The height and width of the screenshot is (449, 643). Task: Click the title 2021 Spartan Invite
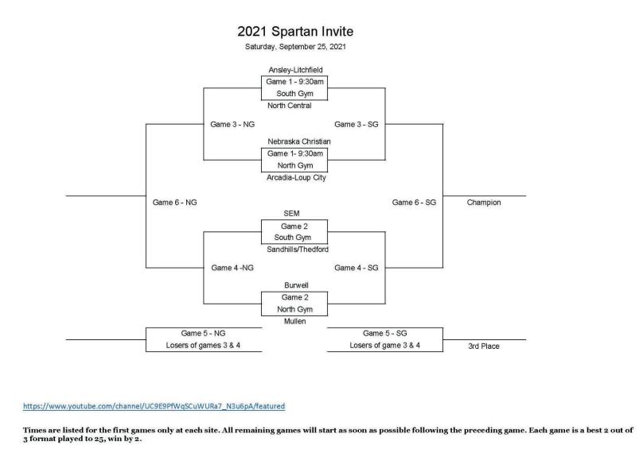click(295, 32)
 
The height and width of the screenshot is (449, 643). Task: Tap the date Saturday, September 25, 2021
click(295, 47)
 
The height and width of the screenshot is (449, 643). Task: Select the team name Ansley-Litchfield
click(295, 70)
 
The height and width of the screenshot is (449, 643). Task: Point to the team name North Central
click(289, 106)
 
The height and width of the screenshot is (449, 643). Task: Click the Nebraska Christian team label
click(299, 141)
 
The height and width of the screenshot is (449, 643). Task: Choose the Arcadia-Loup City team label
click(296, 178)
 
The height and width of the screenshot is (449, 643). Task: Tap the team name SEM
click(291, 214)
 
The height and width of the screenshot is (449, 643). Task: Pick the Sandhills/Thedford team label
click(298, 250)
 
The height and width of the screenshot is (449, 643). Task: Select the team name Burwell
click(296, 285)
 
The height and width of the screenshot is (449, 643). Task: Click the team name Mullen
click(295, 322)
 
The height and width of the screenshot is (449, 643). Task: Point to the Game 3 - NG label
click(232, 125)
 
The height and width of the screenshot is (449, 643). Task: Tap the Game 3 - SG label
click(356, 125)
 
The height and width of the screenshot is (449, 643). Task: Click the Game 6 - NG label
click(174, 203)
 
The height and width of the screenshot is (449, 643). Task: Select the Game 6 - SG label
click(414, 203)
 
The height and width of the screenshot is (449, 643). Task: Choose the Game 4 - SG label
click(356, 268)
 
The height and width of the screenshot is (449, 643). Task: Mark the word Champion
click(484, 203)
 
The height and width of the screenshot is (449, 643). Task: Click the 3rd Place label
click(484, 346)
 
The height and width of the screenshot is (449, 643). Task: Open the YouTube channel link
click(154, 406)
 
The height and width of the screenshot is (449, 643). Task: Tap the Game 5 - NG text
click(203, 334)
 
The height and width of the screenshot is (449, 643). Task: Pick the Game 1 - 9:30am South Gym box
click(294, 87)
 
